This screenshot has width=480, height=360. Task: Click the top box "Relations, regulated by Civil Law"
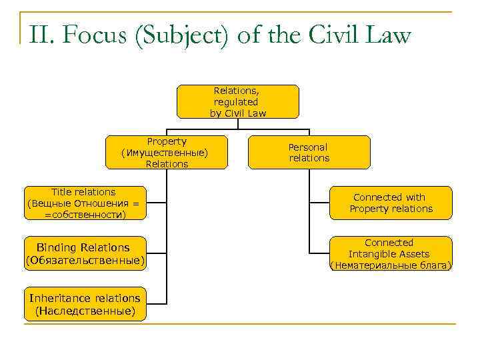(238, 101)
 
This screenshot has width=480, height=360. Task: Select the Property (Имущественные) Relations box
(167, 153)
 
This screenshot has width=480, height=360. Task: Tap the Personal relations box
(309, 153)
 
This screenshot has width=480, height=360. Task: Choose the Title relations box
(85, 203)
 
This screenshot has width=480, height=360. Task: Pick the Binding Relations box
(85, 254)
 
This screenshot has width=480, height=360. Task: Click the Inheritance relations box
(85, 305)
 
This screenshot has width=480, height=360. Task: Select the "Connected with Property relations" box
(391, 203)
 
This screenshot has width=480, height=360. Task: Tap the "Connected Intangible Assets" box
(391, 254)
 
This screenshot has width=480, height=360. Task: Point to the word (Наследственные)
(85, 311)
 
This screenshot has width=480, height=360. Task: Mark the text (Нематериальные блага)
(391, 265)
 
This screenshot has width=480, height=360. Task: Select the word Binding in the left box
(56, 248)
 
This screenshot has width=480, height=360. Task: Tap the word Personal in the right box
(308, 147)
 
